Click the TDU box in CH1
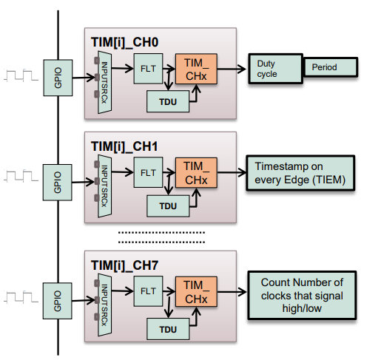tap(167, 206)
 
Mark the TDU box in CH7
tap(167, 324)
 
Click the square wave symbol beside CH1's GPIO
tap(22, 177)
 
